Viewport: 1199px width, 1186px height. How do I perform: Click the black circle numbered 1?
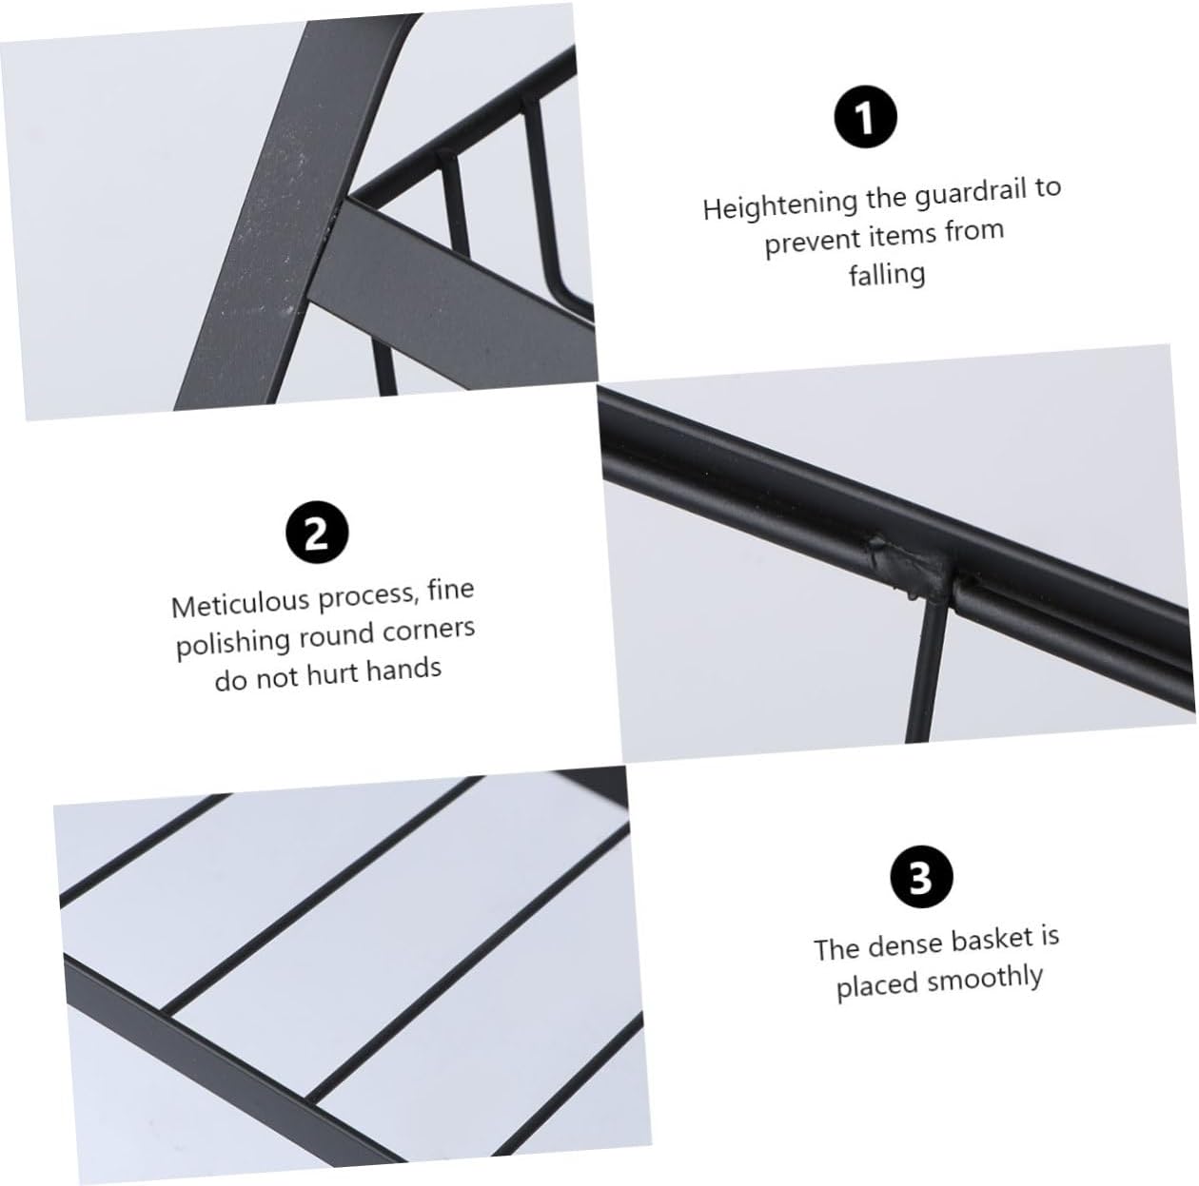click(x=864, y=118)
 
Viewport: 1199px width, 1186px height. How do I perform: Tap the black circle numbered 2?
click(x=317, y=533)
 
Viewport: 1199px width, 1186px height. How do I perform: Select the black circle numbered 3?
click(x=919, y=878)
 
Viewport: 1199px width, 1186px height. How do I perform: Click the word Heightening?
click(x=780, y=204)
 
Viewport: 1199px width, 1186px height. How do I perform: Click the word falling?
click(x=886, y=275)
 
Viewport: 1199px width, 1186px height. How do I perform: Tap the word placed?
click(x=875, y=986)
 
